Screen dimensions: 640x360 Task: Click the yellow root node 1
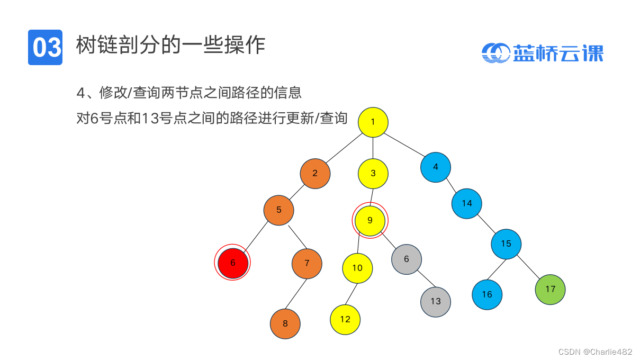pos(373,122)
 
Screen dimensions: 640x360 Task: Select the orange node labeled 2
pos(315,173)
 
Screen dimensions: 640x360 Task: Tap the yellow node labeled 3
pos(373,173)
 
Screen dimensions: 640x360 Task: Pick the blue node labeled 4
pos(435,167)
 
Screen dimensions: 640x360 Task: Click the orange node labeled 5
pos(278,210)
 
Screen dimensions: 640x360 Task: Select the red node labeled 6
pos(232,263)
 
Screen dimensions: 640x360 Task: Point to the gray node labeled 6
pos(407,259)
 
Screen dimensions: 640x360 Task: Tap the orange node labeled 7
pos(307,263)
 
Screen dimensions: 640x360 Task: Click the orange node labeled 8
pos(285,323)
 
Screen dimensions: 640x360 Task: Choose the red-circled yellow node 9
pos(370,220)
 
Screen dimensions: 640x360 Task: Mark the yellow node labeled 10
pos(357,268)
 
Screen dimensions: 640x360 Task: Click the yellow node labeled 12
pos(345,319)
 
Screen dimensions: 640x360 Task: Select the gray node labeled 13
pos(435,302)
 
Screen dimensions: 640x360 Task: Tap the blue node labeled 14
pos(466,203)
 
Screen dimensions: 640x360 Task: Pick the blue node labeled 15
pos(506,244)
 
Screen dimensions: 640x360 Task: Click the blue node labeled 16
pos(486,294)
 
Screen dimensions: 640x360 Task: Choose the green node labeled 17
pos(550,289)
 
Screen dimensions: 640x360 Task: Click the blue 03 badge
pos(46,47)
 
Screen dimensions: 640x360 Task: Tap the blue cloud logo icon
pos(495,52)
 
